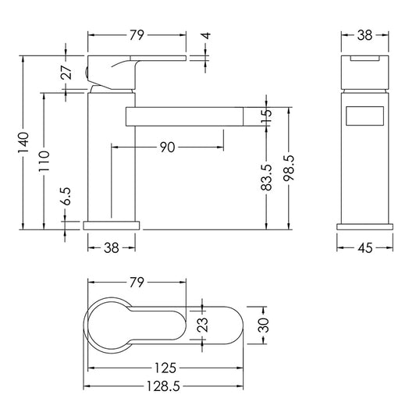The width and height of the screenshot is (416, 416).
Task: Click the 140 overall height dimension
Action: [23, 143]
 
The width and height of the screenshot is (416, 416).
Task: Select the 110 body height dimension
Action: [44, 161]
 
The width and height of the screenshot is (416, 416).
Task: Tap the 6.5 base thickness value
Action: [66, 196]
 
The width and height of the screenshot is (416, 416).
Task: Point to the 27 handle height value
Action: [66, 72]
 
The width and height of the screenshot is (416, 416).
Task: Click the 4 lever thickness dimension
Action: [206, 36]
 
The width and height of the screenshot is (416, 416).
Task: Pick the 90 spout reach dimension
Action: [167, 148]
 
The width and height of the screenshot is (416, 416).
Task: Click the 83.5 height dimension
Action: [266, 177]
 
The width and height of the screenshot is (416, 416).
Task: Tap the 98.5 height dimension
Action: [289, 168]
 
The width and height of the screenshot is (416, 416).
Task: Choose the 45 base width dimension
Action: [365, 248]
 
